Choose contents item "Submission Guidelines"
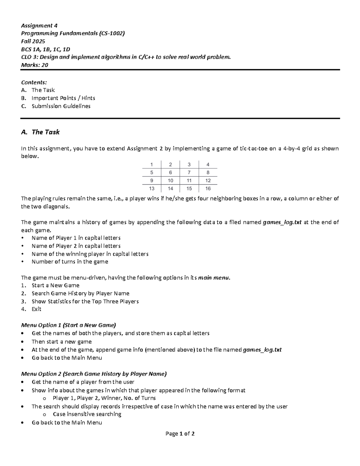[61, 106]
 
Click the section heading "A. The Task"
[40, 132]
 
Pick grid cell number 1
[151, 164]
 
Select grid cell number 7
[189, 173]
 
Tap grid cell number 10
[170, 181]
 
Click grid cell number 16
[208, 188]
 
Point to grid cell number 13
[151, 188]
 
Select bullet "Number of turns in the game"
[70, 262]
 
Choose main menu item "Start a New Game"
[55, 285]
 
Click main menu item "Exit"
[36, 309]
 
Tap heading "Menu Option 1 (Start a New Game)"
[68, 325]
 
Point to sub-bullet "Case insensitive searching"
[87, 414]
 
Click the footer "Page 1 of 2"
[180, 434]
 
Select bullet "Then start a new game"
[61, 341]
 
